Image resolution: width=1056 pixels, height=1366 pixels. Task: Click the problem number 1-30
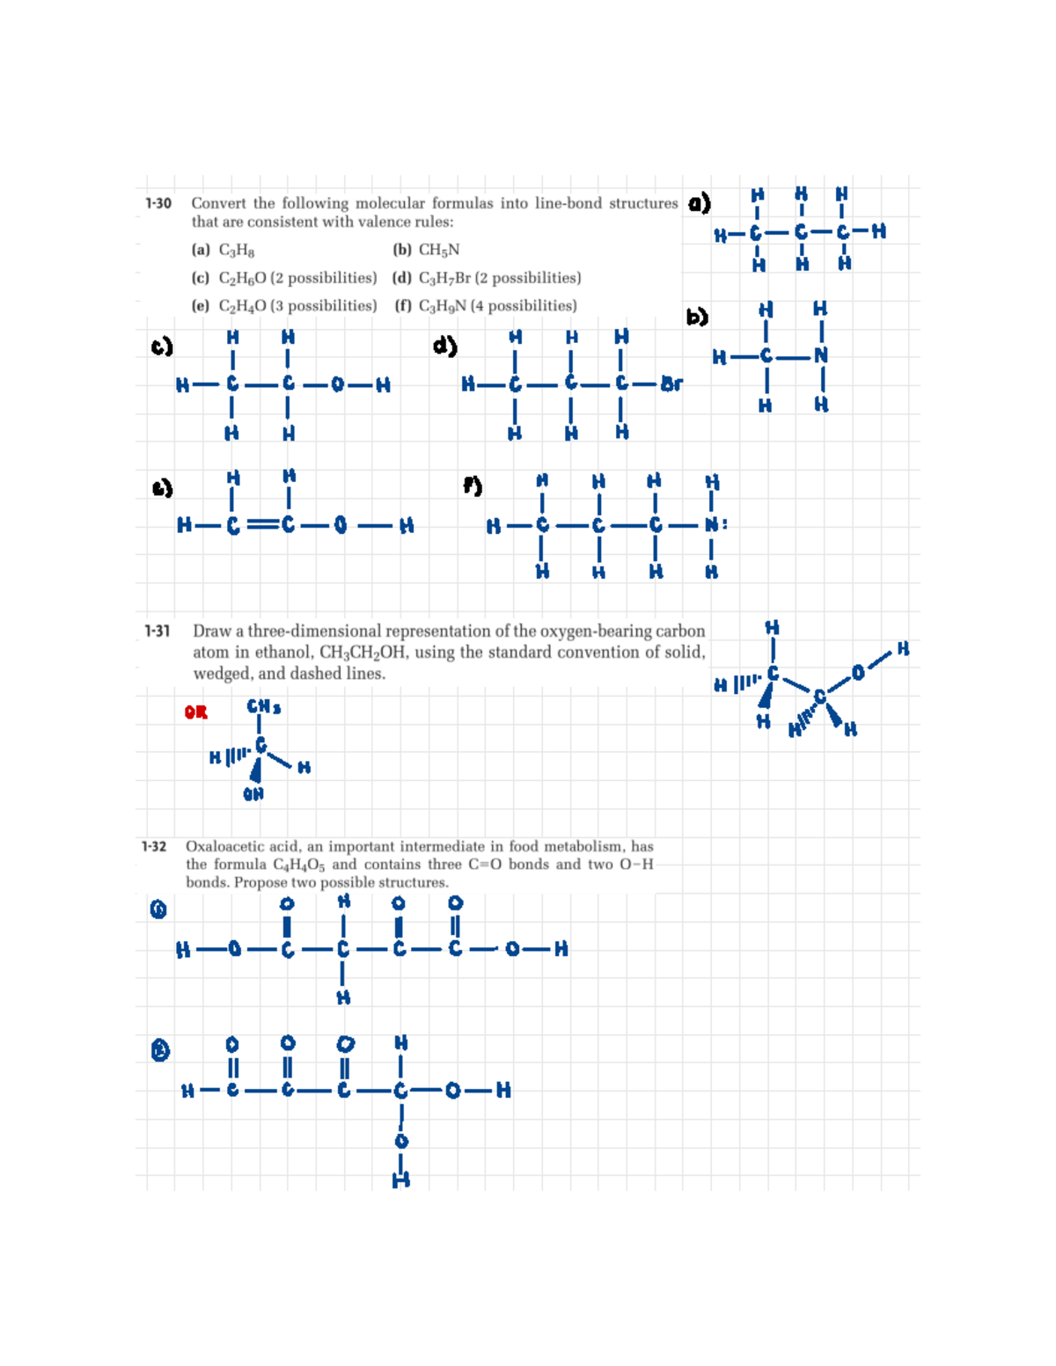158,203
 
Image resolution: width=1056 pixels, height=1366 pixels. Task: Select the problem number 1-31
158,631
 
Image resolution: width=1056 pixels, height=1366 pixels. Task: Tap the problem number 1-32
154,846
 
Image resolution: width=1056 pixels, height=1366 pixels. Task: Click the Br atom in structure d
671,384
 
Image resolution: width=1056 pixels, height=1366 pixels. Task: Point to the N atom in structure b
821,355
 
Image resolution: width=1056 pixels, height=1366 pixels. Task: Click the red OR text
195,712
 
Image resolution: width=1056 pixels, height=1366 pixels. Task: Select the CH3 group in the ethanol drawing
263,706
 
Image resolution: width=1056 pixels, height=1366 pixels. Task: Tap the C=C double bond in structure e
260,525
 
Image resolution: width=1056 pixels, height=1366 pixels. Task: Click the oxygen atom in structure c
337,384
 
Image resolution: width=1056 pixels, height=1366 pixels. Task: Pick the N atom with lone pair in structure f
714,525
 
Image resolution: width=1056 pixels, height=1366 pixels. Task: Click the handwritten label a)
699,203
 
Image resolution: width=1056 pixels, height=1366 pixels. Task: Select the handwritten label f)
473,485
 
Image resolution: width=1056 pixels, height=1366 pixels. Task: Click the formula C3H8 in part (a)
237,251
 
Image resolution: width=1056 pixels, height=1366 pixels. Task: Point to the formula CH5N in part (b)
438,251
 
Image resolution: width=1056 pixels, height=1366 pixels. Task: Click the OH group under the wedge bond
253,794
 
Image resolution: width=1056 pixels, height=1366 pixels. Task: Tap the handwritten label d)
444,346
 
